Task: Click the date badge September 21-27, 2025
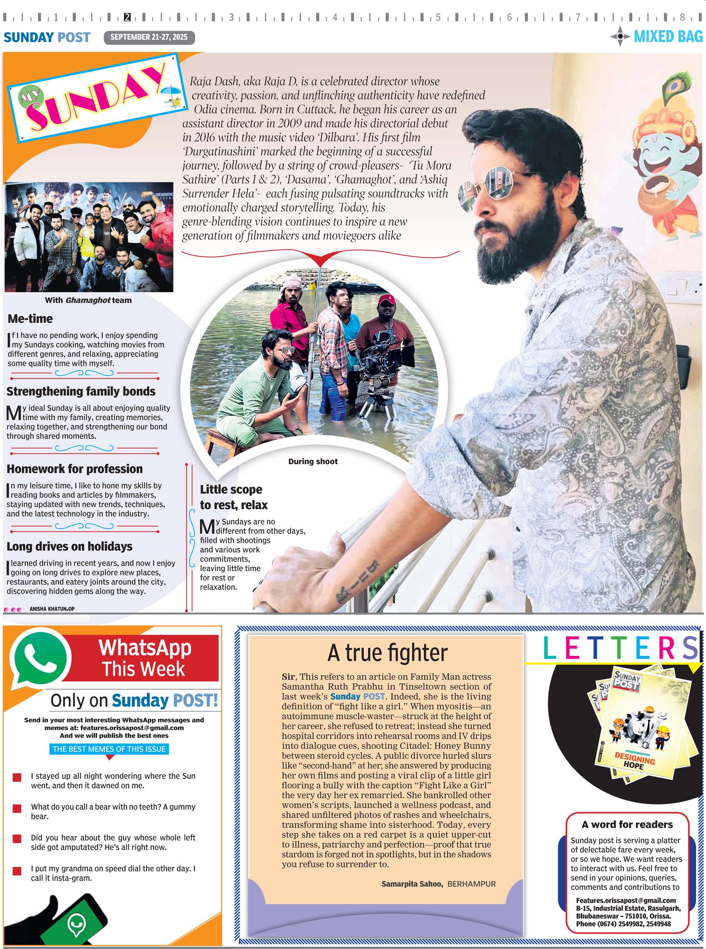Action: pos(149,37)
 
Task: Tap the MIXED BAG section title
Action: pos(668,36)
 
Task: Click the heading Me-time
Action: pos(30,319)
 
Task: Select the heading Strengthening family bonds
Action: pos(81,392)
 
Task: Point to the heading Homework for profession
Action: pos(74,469)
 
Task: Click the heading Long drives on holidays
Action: pos(69,547)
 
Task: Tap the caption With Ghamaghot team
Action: pos(88,300)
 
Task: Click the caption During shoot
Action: pos(313,461)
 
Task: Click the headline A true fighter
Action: pos(387,653)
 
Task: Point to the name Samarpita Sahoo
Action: pos(412,884)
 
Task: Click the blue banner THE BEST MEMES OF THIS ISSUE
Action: pos(109,749)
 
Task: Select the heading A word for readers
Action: pos(627,824)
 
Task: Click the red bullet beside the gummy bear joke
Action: pos(17,809)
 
